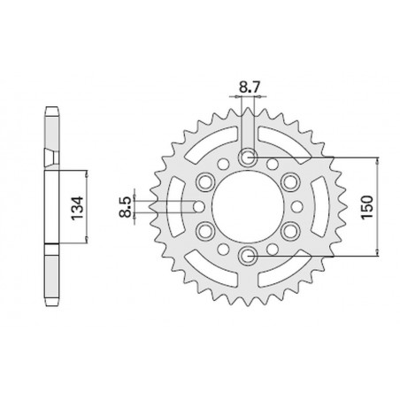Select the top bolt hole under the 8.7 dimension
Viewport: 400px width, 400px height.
tap(248, 158)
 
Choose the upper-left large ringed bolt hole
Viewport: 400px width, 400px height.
tap(205, 182)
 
